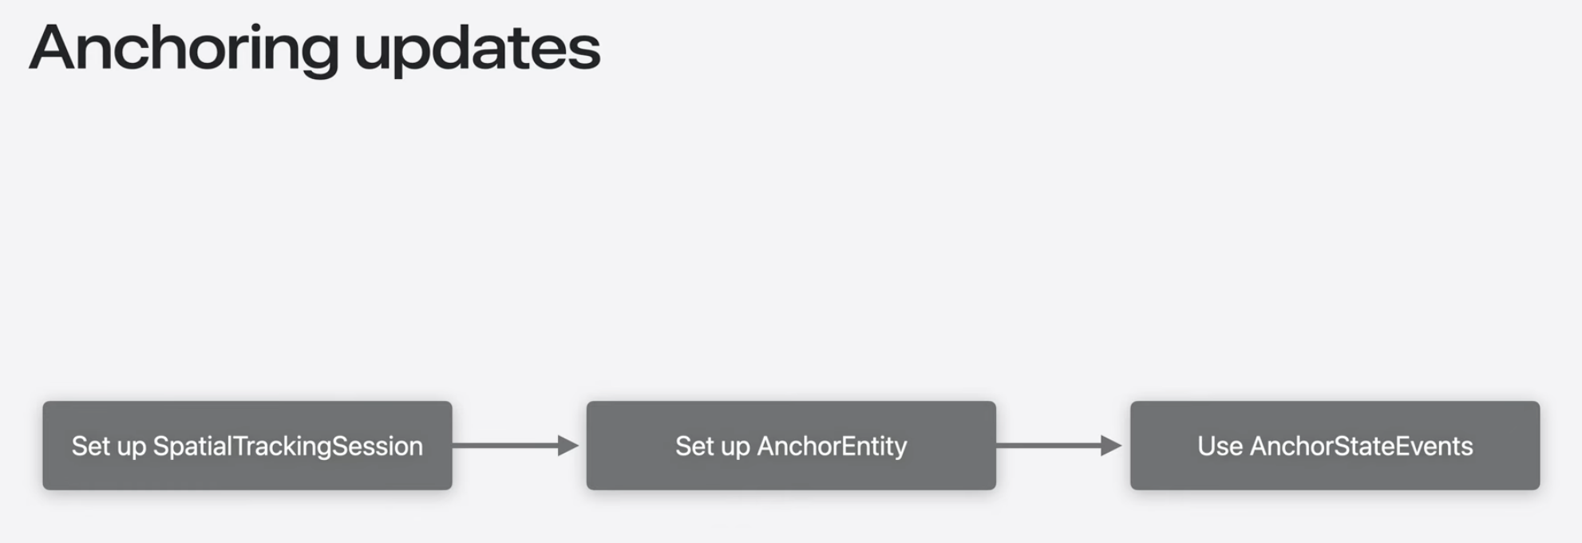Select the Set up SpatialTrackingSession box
[x=247, y=446]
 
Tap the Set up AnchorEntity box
[x=791, y=446]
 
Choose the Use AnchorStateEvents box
[x=1335, y=446]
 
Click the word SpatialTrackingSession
[x=287, y=446]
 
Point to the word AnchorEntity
[x=832, y=446]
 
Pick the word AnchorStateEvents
[x=1361, y=446]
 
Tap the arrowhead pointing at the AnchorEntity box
[x=568, y=446]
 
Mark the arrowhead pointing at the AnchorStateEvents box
[x=1111, y=446]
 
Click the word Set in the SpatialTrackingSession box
[x=89, y=446]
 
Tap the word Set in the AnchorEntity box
[x=693, y=446]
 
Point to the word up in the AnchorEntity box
[x=735, y=447]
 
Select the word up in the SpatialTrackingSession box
[x=131, y=447]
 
